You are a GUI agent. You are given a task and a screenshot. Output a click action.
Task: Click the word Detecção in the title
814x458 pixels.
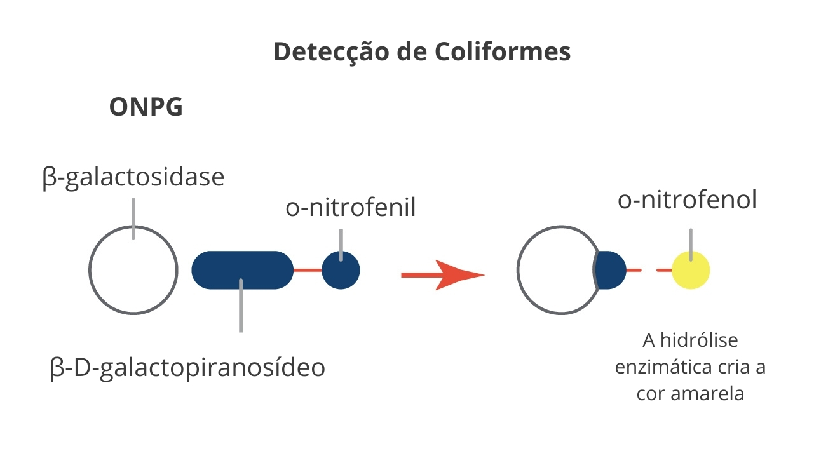[x=332, y=52]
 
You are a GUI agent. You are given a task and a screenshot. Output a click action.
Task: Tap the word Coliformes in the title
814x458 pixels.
[x=503, y=51]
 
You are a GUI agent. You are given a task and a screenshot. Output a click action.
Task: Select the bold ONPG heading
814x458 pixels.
[x=146, y=107]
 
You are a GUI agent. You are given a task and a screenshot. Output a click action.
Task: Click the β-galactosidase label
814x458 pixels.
[x=133, y=178]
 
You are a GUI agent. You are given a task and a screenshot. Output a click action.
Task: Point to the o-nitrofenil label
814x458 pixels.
[x=351, y=208]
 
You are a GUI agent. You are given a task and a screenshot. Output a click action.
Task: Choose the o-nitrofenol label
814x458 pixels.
[x=687, y=199]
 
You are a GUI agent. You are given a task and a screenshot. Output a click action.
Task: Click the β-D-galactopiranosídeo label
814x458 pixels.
[x=187, y=368]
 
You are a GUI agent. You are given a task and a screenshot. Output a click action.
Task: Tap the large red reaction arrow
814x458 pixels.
[x=443, y=275]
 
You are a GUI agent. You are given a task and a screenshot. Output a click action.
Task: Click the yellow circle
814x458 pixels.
[x=691, y=270]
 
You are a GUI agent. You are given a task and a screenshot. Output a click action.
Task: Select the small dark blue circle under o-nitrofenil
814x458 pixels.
[x=341, y=270]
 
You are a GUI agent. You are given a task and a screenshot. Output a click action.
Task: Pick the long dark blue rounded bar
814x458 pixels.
[x=242, y=270]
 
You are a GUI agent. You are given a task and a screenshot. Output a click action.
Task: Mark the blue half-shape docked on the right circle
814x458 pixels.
[x=610, y=270]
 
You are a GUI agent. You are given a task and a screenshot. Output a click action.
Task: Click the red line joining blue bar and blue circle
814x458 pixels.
[x=308, y=270]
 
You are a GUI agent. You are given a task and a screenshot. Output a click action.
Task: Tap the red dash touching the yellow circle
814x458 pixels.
[x=664, y=270]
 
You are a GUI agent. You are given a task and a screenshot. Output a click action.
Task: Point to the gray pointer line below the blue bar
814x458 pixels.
[x=241, y=306]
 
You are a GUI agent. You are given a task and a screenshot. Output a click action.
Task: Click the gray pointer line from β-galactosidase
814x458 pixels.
[x=133, y=219]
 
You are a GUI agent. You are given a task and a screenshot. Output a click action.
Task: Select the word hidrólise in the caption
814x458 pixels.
[x=699, y=340]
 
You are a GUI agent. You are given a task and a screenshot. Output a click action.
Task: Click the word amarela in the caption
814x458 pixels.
[x=707, y=394]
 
